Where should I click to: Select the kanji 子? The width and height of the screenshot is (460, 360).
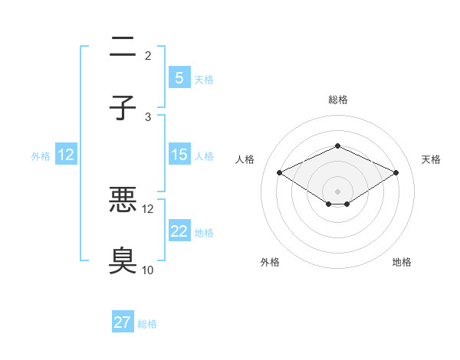[x=123, y=108]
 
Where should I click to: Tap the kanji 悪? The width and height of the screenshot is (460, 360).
[x=123, y=201]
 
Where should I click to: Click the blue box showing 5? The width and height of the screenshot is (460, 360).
[x=179, y=77]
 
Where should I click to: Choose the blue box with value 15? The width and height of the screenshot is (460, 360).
[x=179, y=155]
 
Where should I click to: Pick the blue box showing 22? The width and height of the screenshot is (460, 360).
[x=179, y=231]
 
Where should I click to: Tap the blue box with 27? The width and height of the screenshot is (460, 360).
[x=122, y=322]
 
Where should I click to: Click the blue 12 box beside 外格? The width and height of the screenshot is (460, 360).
[x=66, y=155]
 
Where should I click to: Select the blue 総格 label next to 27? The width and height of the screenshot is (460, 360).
[x=147, y=324]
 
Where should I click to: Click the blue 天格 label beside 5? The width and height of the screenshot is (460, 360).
[x=204, y=79]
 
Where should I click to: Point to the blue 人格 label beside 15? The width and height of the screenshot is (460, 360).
[x=204, y=156]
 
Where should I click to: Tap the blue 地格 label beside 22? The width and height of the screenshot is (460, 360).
[x=204, y=233]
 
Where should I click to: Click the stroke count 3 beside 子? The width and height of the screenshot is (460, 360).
[x=148, y=116]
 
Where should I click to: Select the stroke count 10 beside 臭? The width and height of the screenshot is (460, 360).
[x=148, y=270]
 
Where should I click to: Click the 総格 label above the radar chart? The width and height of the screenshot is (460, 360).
[x=337, y=100]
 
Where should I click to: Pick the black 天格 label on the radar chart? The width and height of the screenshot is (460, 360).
[x=432, y=159]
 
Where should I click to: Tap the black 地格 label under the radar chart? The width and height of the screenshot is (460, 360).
[x=402, y=262]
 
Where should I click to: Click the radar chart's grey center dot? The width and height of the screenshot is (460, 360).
[x=337, y=191]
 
